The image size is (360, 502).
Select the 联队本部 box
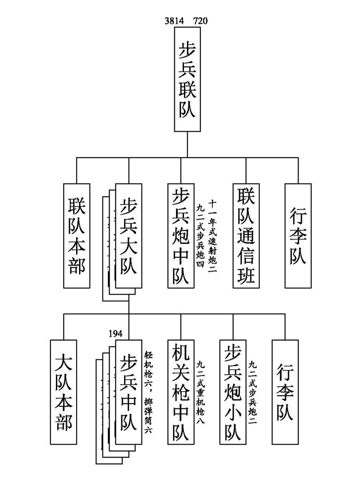[77, 236]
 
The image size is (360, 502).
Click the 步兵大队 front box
[129, 236]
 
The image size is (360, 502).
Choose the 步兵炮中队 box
[181, 236]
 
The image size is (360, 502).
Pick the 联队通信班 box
[246, 236]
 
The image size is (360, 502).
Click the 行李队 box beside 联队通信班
[298, 236]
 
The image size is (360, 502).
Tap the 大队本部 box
[64, 392]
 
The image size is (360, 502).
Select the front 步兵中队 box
[129, 392]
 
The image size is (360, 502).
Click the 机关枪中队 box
[181, 392]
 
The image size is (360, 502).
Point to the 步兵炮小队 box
[233, 392]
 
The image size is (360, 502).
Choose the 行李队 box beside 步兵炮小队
[285, 392]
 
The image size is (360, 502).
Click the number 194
[115, 333]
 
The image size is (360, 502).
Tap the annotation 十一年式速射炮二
[212, 236]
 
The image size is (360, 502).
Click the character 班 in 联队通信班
[246, 274]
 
